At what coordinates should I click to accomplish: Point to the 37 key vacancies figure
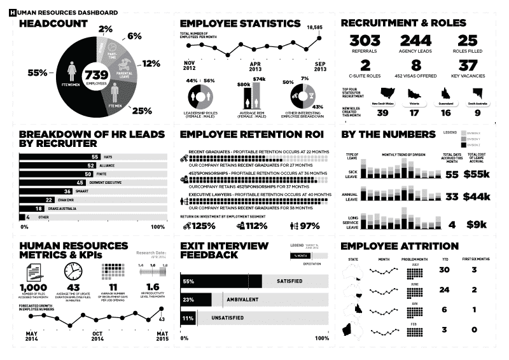click(468, 66)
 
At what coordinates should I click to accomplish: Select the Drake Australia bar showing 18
click(32, 208)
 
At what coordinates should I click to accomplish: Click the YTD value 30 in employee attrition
click(444, 270)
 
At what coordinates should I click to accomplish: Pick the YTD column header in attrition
click(444, 260)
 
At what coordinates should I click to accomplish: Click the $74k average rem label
click(259, 78)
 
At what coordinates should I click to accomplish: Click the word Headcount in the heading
click(53, 24)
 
